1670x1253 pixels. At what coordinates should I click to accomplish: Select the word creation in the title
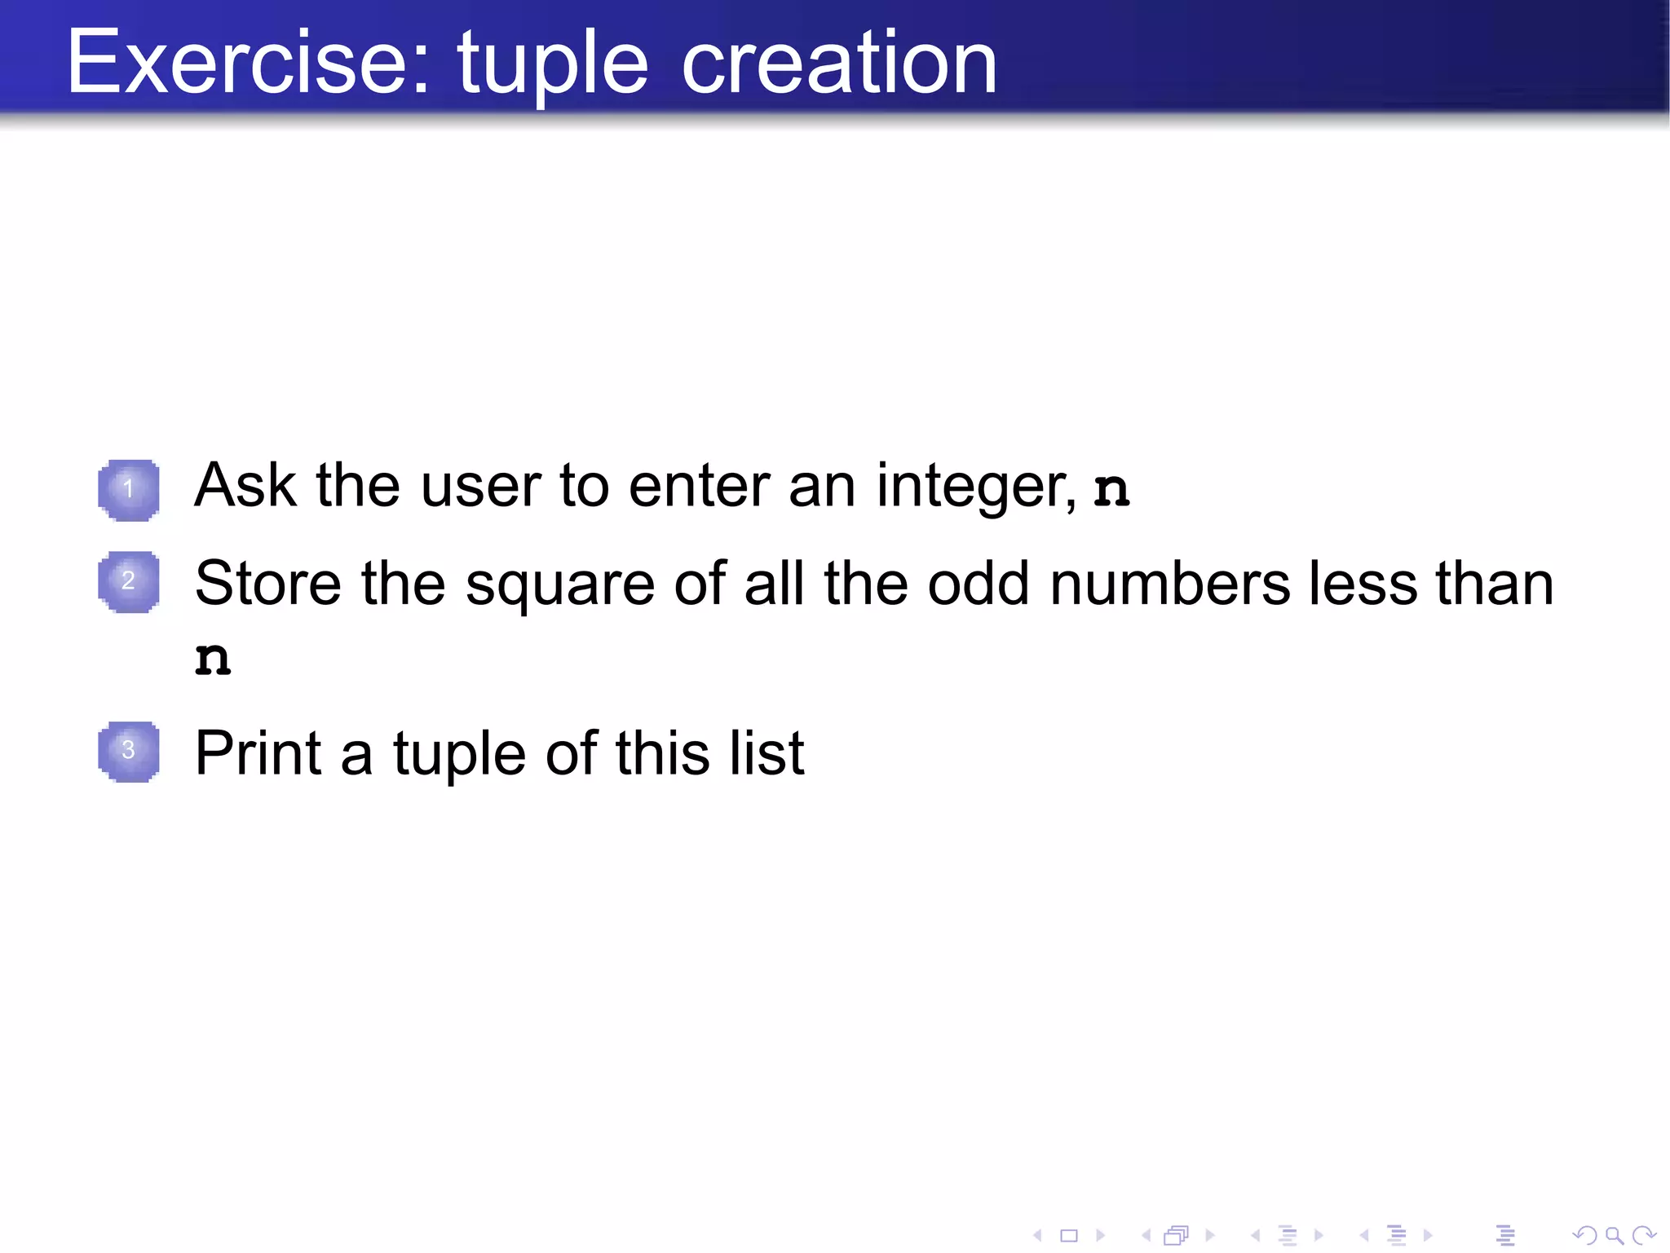point(839,63)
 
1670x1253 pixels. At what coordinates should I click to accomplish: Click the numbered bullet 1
point(129,490)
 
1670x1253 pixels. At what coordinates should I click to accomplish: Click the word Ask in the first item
point(245,486)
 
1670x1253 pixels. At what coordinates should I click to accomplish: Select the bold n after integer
point(1111,490)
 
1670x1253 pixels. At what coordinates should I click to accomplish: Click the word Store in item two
point(268,584)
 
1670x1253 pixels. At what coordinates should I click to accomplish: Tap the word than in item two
point(1494,584)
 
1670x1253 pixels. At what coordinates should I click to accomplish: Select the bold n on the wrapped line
point(213,660)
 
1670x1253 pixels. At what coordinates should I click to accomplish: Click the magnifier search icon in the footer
point(1614,1236)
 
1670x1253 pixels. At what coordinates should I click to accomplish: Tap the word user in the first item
point(481,488)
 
